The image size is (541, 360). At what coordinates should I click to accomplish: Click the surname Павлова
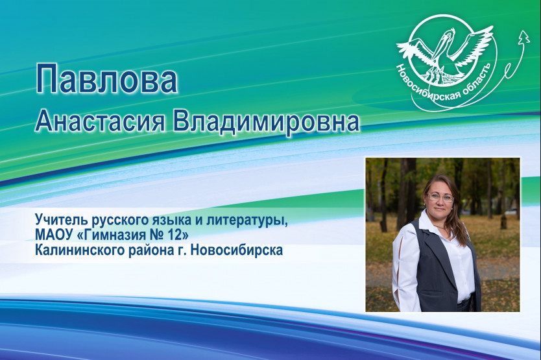pyautogui.click(x=106, y=79)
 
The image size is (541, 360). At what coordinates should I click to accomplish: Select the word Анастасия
pyautogui.click(x=99, y=122)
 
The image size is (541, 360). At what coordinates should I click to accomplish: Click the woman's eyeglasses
pyautogui.click(x=440, y=197)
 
